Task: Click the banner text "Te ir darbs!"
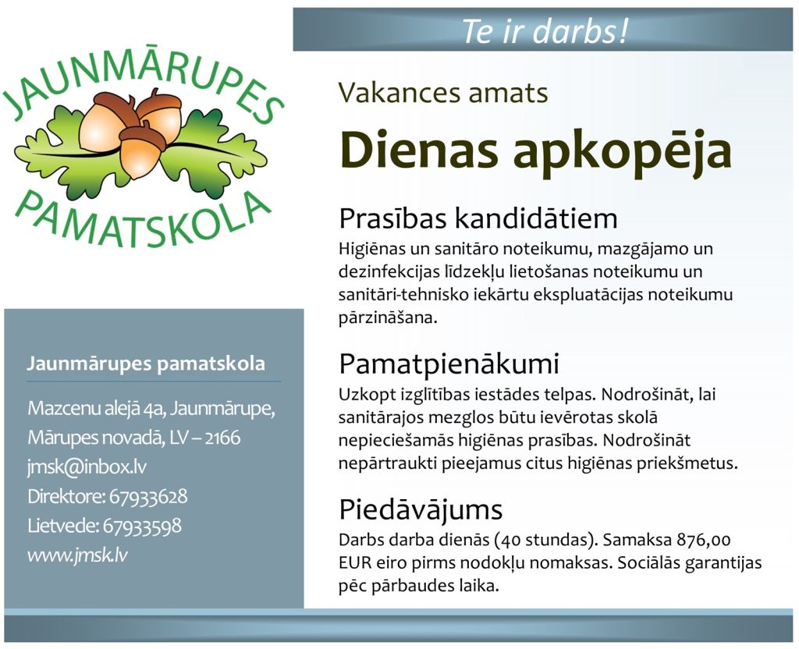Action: tap(545, 30)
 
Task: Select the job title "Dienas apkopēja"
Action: tap(535, 151)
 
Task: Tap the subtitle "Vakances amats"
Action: tap(443, 92)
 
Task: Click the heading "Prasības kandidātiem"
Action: tap(478, 218)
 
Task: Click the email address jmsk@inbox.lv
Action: tap(87, 467)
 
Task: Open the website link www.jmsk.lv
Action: tap(77, 555)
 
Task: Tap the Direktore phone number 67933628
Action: tap(148, 496)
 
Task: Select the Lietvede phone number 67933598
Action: tap(142, 526)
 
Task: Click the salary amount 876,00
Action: tap(704, 540)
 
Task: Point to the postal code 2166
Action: tap(222, 438)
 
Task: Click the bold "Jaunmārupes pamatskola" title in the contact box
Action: tap(146, 364)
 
